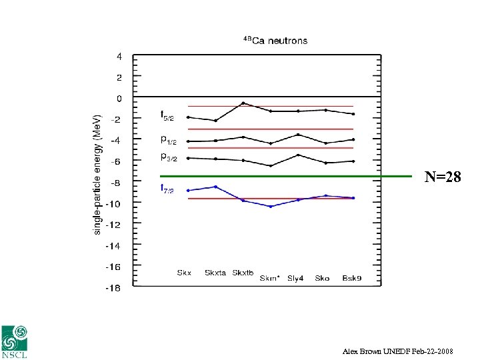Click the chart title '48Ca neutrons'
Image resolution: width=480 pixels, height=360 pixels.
pos(275,41)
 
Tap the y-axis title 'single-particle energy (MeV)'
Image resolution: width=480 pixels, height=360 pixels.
pos(97,174)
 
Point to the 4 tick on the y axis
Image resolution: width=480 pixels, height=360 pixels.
pos(119,57)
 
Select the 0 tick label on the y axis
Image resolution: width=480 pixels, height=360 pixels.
pos(119,99)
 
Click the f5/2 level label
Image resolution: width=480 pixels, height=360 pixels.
pos(167,117)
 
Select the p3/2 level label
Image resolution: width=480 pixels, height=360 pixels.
pos(167,157)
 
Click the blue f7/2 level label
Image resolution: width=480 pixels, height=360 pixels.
pos(167,189)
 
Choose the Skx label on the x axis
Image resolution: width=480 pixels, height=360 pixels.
pos(184,273)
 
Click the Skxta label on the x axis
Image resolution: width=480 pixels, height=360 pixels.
pos(215,273)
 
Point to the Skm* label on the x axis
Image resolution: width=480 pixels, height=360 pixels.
pos(271,278)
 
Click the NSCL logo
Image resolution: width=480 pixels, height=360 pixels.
pos(15,342)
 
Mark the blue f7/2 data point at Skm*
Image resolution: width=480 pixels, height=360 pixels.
pos(271,207)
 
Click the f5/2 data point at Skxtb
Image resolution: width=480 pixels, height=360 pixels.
pos(243,103)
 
